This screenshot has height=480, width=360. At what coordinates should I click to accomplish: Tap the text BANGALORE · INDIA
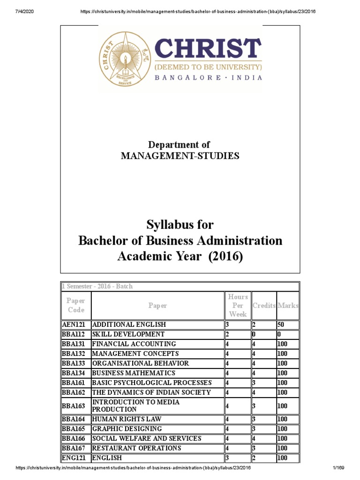point(209,78)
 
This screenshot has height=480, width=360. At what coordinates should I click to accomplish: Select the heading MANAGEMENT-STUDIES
point(180,156)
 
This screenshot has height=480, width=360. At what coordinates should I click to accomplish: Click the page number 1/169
point(339,469)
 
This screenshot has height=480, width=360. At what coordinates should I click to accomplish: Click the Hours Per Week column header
point(238,306)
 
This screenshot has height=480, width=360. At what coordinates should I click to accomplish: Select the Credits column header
point(264,306)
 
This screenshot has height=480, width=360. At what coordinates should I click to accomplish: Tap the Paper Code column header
point(75,306)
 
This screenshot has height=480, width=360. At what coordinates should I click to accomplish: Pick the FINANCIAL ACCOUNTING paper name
point(128,344)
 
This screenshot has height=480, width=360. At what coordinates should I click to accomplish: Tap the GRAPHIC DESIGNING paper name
point(127,429)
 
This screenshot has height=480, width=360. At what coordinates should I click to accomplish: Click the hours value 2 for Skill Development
point(227,335)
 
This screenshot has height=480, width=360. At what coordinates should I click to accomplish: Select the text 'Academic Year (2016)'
point(180,257)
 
